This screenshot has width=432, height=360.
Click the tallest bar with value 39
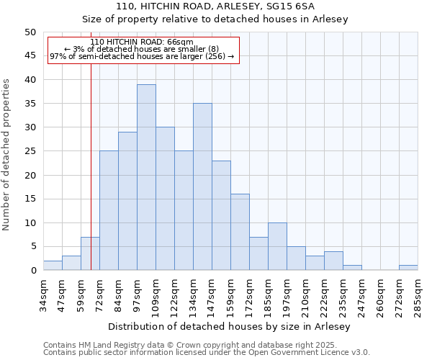tap(146, 177)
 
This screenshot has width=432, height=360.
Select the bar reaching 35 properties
tap(202, 186)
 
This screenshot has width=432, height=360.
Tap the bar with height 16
tap(240, 232)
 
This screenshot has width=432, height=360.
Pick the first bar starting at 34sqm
tap(53, 266)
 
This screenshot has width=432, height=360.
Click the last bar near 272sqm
tap(408, 268)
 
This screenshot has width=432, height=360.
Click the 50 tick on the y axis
tap(30, 32)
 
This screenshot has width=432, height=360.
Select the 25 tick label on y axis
tap(30, 151)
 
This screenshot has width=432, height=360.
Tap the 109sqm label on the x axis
tap(156, 294)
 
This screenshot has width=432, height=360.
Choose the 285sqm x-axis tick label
tap(418, 294)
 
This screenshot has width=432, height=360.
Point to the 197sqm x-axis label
tap(287, 294)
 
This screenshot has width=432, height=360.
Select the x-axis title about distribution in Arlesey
tap(230, 326)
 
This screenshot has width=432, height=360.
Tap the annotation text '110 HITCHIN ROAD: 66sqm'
tap(142, 42)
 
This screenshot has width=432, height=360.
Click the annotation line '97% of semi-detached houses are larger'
tap(142, 56)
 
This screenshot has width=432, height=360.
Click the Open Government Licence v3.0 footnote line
tap(206, 353)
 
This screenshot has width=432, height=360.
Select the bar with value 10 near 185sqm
tap(277, 246)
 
